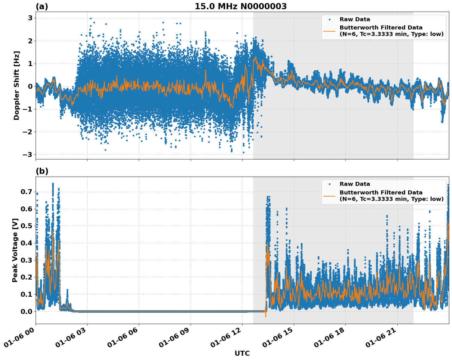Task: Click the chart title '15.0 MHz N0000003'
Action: click(240, 6)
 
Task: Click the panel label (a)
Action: click(42, 6)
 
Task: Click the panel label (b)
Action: click(42, 171)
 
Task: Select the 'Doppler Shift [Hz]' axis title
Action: click(17, 85)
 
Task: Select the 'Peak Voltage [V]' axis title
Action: click(15, 250)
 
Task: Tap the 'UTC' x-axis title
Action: click(242, 353)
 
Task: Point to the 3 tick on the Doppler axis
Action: click(30, 18)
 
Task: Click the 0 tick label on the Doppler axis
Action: click(30, 86)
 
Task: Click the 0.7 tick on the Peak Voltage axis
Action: click(27, 192)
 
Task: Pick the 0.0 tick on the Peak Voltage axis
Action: click(27, 311)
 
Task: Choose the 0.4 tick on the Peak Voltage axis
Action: click(27, 243)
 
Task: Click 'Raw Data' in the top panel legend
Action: click(355, 20)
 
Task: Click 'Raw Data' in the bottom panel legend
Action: click(355, 184)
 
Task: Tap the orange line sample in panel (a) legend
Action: click(329, 31)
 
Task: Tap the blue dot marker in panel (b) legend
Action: click(329, 184)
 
